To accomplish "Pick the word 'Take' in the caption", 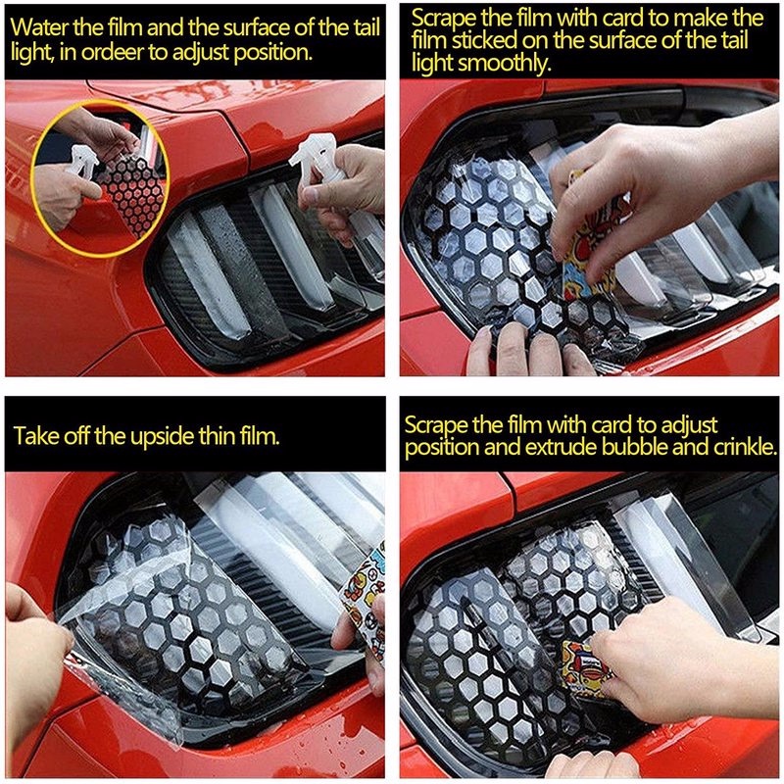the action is click(34, 435).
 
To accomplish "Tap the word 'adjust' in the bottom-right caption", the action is click(689, 426).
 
